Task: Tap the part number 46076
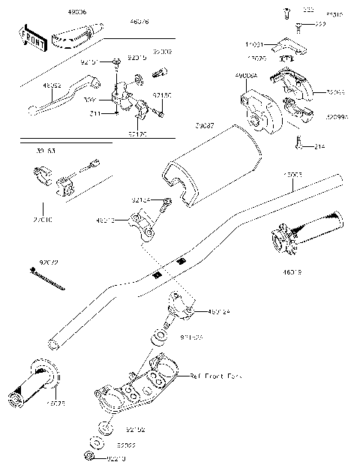(x=139, y=23)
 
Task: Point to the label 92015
(x=136, y=56)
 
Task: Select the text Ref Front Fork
(x=217, y=375)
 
